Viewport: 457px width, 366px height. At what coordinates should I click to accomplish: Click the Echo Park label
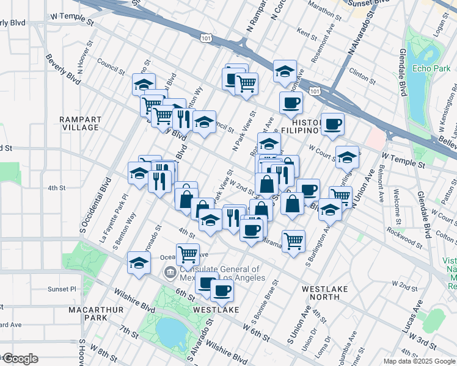[431, 68]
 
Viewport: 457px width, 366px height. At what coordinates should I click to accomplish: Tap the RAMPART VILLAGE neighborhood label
[80, 123]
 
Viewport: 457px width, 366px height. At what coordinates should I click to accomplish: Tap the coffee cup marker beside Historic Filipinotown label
[332, 124]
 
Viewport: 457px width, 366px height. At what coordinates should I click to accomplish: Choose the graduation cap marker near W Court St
[347, 157]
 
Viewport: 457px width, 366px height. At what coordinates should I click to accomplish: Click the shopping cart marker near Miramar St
[293, 240]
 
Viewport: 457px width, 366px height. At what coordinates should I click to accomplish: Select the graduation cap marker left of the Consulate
[139, 263]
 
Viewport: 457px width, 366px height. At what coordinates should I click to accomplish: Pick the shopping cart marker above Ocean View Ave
[188, 254]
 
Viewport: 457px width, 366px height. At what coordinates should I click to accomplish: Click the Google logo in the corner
[20, 359]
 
